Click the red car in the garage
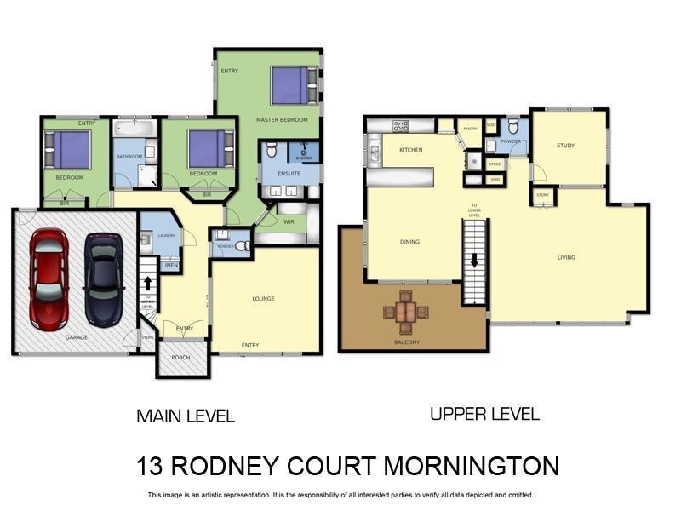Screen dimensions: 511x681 point(49,279)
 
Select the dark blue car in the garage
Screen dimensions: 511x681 point(103,279)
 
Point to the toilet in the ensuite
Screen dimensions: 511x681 point(271,152)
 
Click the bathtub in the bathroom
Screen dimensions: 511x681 point(135,129)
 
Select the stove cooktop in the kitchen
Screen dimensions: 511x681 point(400,126)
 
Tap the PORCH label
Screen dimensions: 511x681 point(180,358)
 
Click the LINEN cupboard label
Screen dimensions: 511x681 point(170,266)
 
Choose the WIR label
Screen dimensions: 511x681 point(289,221)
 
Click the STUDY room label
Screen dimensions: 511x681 point(566,146)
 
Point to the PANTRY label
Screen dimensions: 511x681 point(470,129)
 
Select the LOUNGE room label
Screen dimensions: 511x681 point(264,299)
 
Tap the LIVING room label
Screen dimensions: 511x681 point(566,257)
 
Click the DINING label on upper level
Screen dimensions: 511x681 point(409,242)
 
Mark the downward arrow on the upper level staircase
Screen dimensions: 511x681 point(475,261)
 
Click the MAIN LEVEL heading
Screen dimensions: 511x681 point(186,416)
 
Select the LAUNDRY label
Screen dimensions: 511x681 point(166,235)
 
